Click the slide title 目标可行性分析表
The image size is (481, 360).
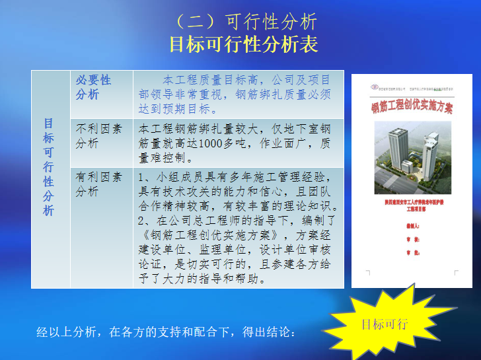pos(244,44)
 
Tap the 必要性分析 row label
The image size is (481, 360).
pos(93,87)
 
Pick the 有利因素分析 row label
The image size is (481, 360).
pos(98,184)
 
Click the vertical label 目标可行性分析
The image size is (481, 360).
pos(49,167)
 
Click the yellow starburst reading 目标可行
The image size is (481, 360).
pos(385,324)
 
